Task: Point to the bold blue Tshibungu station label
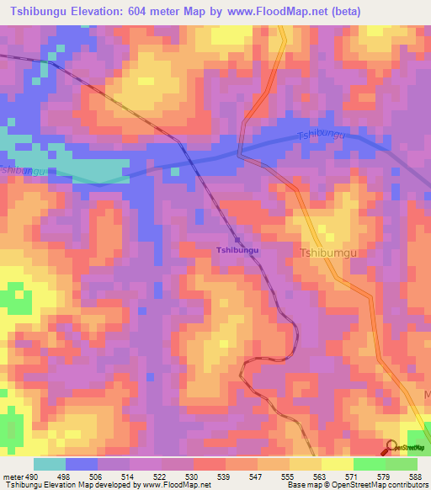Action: point(237,250)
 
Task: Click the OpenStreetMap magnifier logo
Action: point(392,447)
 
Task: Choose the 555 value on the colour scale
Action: point(290,477)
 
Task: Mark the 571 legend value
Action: point(354,477)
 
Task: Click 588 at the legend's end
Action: point(418,477)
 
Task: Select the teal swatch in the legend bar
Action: point(49,464)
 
